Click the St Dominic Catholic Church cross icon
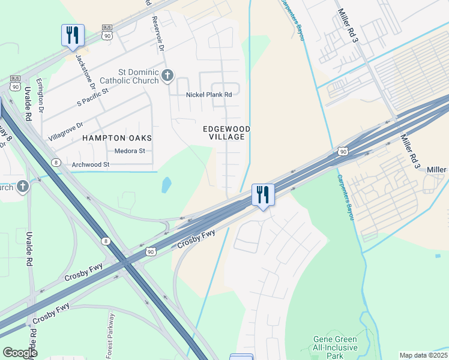point(167,76)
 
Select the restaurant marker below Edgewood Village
point(263,195)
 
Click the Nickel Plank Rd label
point(209,95)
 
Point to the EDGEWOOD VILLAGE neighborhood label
point(226,133)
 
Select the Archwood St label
point(90,164)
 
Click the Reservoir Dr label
point(160,42)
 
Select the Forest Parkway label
point(111,334)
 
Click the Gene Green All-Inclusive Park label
point(335,347)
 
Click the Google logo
point(20,353)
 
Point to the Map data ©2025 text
point(423,355)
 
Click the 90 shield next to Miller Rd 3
point(342,152)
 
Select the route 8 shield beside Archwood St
point(56,163)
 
